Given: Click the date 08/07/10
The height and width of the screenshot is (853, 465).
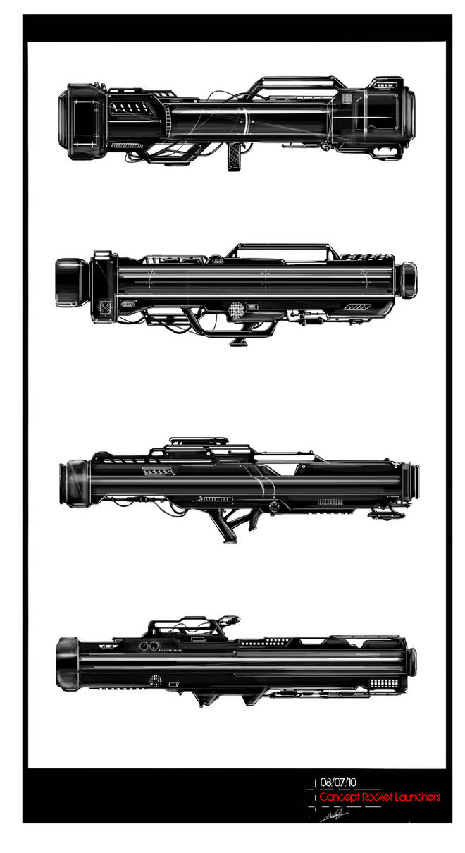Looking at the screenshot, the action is [338, 782].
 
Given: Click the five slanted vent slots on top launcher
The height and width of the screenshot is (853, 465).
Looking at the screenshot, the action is [130, 108].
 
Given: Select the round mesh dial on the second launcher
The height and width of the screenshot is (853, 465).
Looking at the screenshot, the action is [237, 308].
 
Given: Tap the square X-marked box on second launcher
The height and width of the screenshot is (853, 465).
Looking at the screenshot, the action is [105, 307].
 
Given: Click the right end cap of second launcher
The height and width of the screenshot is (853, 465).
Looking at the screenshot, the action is [407, 280].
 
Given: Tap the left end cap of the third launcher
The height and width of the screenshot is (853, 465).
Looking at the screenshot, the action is [75, 484].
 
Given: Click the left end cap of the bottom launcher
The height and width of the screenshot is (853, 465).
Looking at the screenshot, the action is [68, 663].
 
